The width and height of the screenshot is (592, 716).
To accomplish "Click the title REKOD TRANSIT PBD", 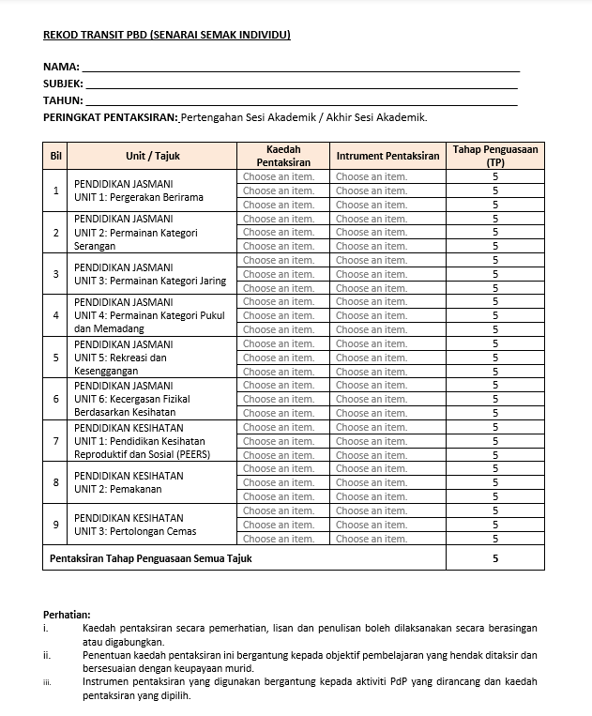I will click(167, 36).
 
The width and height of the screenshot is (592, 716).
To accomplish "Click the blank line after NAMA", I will click(300, 69).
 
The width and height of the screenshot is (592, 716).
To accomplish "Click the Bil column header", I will click(55, 156).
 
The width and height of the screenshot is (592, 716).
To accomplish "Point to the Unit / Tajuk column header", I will click(152, 156).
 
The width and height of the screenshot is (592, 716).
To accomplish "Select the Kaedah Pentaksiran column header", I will click(282, 156).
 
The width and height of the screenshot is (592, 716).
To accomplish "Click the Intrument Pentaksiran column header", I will click(387, 156).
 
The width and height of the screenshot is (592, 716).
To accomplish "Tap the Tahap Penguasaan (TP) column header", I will click(494, 156).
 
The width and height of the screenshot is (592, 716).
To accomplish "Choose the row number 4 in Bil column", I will click(55, 315).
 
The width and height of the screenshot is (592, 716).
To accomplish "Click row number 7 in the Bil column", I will click(55, 441).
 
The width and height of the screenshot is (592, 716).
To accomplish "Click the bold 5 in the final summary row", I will click(494, 558).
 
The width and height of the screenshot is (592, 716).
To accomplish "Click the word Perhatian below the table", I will click(67, 614).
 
